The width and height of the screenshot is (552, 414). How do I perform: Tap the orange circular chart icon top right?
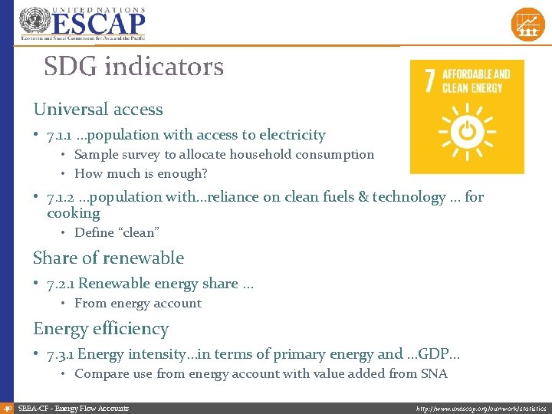(x=527, y=24)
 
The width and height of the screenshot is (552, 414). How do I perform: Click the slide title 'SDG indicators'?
(x=133, y=67)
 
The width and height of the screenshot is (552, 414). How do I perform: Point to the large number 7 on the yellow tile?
(x=430, y=80)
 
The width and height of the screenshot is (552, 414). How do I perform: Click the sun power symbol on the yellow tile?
(x=467, y=131)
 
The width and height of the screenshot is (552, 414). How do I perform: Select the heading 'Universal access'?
(x=97, y=109)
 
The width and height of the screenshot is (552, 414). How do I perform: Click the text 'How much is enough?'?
(x=140, y=173)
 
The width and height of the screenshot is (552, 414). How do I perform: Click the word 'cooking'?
(x=74, y=213)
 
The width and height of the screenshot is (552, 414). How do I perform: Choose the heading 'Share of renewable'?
(x=108, y=258)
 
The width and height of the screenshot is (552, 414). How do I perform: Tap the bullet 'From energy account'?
(x=137, y=303)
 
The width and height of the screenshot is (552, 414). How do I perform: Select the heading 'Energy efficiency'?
(x=100, y=328)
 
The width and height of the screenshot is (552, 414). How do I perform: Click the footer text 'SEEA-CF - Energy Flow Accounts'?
(x=74, y=409)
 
